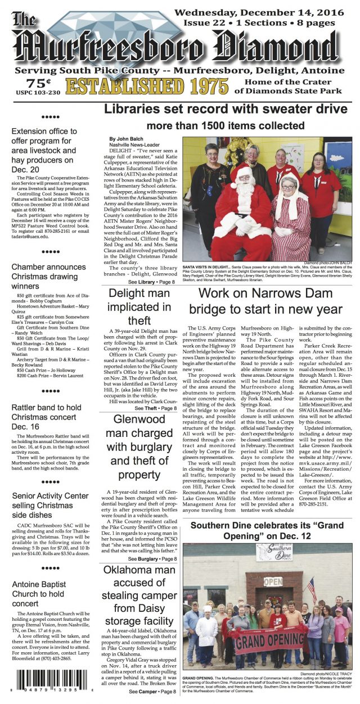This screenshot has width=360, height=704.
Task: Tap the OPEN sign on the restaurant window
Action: [273, 581]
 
